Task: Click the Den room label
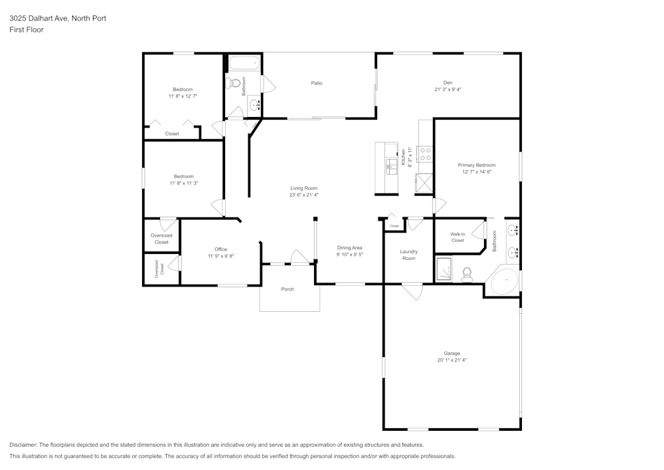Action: pyautogui.click(x=448, y=82)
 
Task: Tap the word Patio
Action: pyautogui.click(x=317, y=83)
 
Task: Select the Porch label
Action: pyautogui.click(x=288, y=289)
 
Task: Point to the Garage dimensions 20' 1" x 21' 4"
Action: pyautogui.click(x=452, y=360)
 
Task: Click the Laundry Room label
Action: pyautogui.click(x=408, y=255)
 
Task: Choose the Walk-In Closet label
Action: pyautogui.click(x=457, y=237)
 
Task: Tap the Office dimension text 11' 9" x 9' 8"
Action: pyautogui.click(x=220, y=256)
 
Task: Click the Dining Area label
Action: pyautogui.click(x=349, y=247)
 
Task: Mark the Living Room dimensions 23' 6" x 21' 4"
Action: pyautogui.click(x=303, y=195)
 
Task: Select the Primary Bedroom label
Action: pyautogui.click(x=476, y=165)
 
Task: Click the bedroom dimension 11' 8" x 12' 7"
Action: pyautogui.click(x=183, y=96)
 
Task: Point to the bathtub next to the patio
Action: pyautogui.click(x=245, y=64)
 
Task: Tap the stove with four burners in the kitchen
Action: pyautogui.click(x=425, y=155)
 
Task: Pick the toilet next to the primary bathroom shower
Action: pyautogui.click(x=467, y=273)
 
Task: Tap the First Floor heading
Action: pyautogui.click(x=27, y=30)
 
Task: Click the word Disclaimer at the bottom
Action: pyautogui.click(x=23, y=445)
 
